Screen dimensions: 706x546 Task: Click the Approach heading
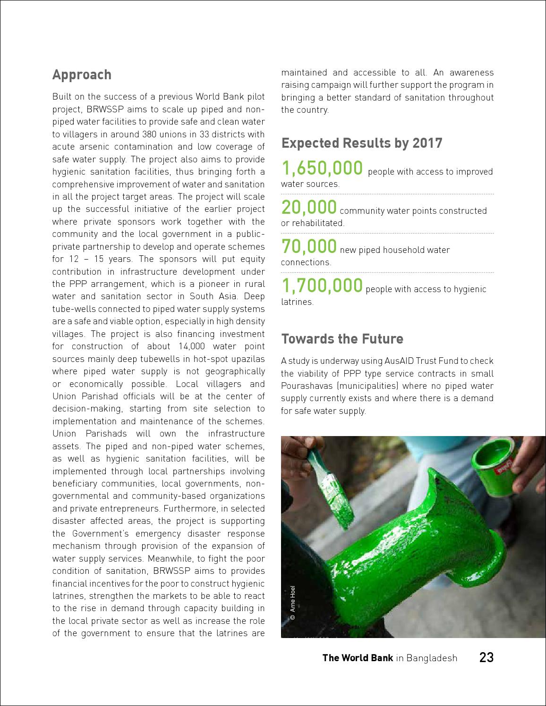pyautogui.click(x=82, y=75)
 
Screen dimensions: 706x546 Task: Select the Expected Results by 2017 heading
pyautogui.click(x=362, y=143)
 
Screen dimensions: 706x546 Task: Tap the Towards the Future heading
pyautogui.click(x=342, y=339)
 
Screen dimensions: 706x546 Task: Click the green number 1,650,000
pyautogui.click(x=322, y=168)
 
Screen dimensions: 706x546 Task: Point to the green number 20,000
pyautogui.click(x=309, y=207)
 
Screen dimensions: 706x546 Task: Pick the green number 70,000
pyautogui.click(x=309, y=246)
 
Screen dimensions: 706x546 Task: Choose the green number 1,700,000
pyautogui.click(x=322, y=286)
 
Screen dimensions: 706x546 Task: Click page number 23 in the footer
pyautogui.click(x=486, y=657)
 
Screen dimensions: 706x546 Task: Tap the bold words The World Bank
pyautogui.click(x=357, y=658)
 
